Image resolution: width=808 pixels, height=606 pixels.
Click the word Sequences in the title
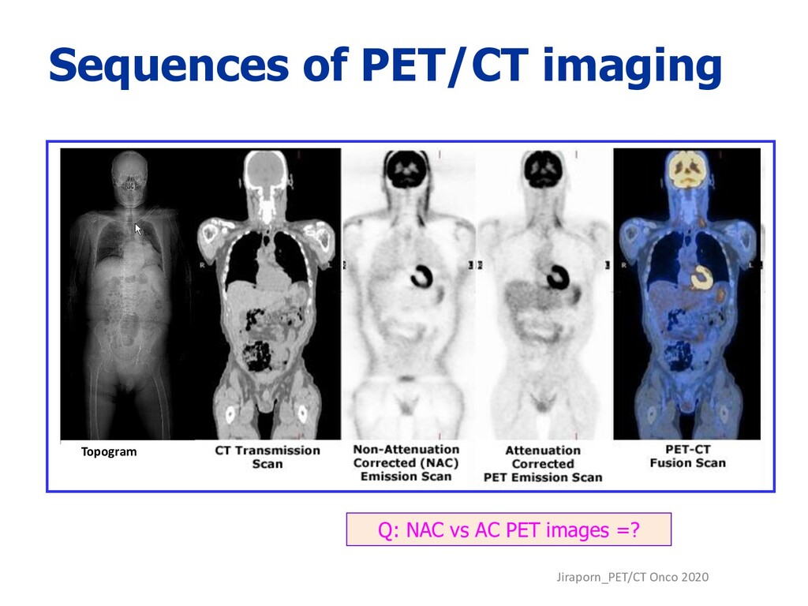click(x=167, y=66)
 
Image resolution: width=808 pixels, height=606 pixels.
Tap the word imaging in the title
click(x=632, y=66)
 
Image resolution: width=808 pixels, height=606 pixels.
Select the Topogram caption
click(x=109, y=452)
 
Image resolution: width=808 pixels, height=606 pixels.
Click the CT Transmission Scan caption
click(x=267, y=457)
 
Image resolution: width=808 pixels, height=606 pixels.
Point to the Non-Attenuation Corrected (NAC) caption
click(x=406, y=462)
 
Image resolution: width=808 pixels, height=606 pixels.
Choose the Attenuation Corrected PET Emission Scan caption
click(x=542, y=464)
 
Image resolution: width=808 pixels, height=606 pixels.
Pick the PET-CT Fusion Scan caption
click(x=687, y=456)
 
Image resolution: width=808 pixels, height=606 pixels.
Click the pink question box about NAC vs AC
click(x=508, y=529)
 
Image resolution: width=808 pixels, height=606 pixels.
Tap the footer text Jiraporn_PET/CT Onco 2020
click(x=632, y=578)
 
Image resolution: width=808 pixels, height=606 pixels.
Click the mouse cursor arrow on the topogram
click(x=138, y=229)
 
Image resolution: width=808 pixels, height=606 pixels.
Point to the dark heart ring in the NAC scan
click(x=421, y=275)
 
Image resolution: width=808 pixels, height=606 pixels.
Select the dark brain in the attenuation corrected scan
click(x=544, y=168)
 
